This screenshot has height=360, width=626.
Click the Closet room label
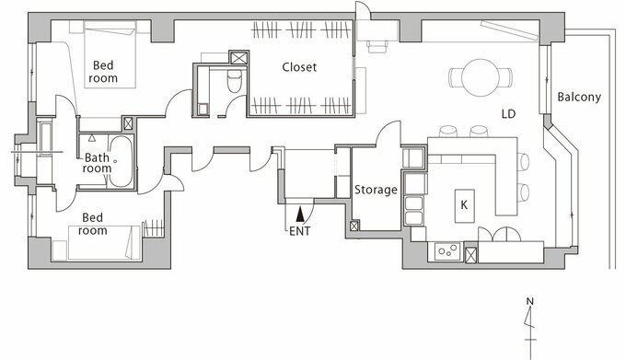click(299, 67)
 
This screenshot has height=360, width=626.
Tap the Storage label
click(376, 190)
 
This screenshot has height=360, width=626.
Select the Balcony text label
click(579, 97)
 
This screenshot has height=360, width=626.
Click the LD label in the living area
click(508, 114)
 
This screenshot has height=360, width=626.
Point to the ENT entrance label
click(300, 231)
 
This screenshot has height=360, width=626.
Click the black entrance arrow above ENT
click(300, 214)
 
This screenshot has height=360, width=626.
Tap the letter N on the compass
click(529, 301)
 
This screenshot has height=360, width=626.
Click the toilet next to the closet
click(235, 81)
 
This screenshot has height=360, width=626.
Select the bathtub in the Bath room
click(121, 162)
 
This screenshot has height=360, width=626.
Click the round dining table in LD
click(481, 77)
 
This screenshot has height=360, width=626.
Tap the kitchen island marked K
click(465, 206)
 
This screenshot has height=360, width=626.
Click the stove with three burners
click(447, 251)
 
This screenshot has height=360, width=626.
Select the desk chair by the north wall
click(377, 46)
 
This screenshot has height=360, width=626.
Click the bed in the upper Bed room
click(110, 54)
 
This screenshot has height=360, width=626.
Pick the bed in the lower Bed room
click(105, 243)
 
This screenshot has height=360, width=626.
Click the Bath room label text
click(98, 163)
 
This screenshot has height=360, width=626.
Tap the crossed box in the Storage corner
click(354, 226)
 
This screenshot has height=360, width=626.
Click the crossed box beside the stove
click(471, 255)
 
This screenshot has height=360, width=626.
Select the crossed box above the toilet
click(239, 58)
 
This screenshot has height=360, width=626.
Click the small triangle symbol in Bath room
click(92, 138)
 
